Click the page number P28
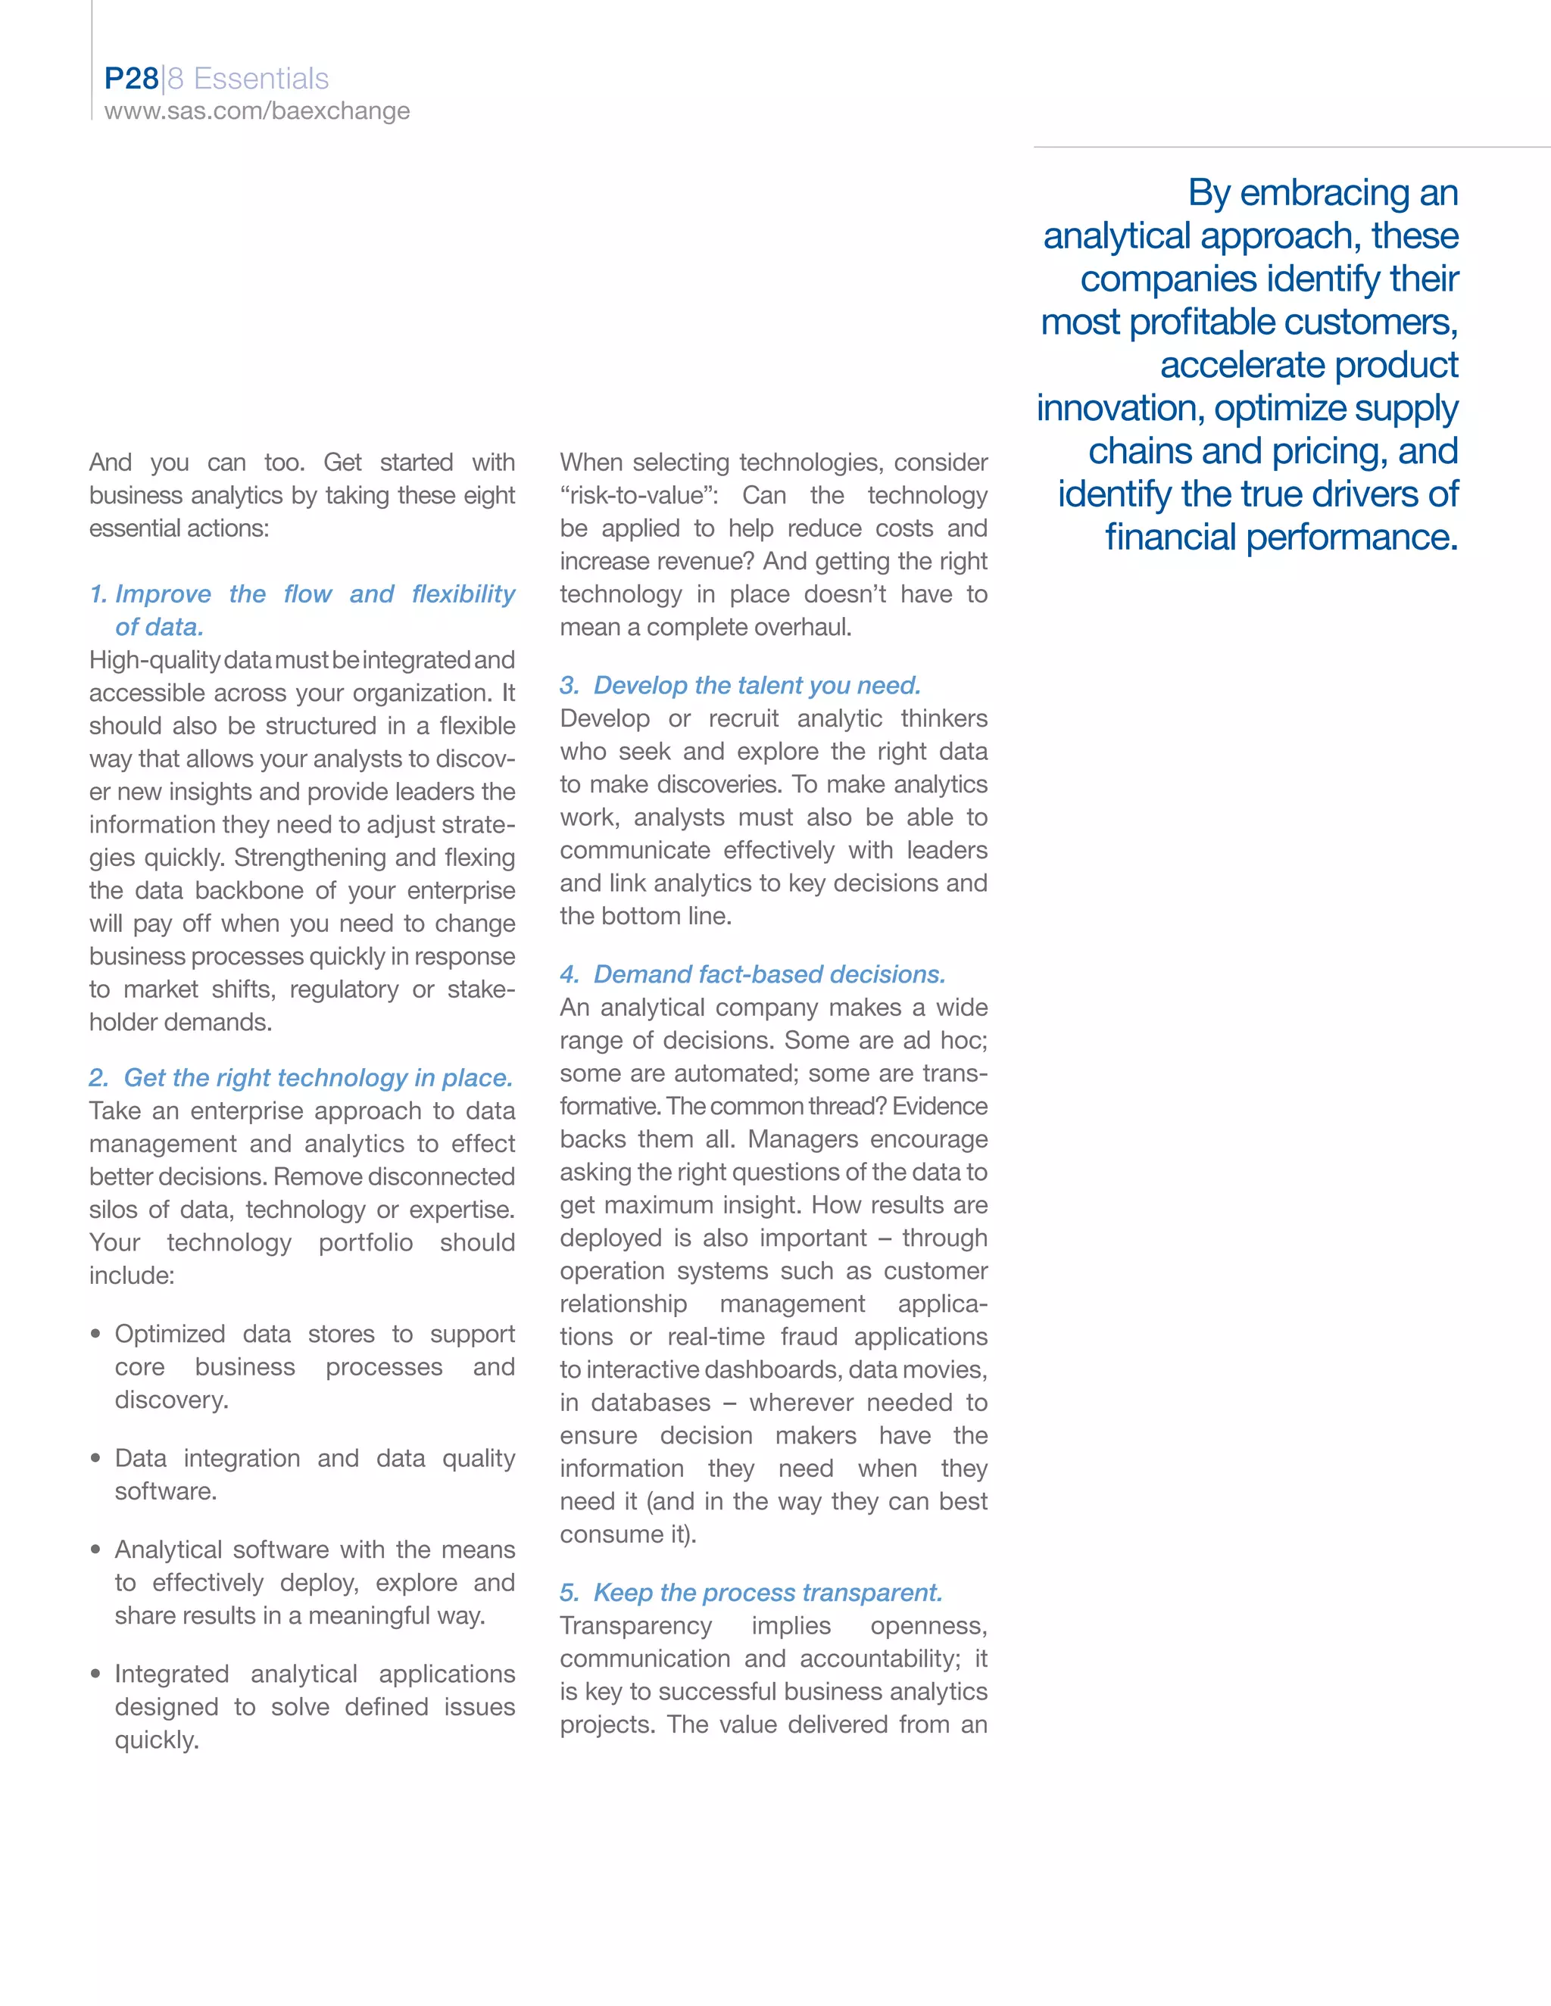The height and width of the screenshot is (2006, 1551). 131,79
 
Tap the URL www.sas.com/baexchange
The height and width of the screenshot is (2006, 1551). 257,111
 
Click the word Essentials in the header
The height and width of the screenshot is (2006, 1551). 261,79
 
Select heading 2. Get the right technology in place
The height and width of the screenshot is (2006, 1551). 301,1077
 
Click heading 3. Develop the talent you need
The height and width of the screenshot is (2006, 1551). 741,685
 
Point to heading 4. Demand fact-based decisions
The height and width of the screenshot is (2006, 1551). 753,973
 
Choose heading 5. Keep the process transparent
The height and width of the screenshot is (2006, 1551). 751,1592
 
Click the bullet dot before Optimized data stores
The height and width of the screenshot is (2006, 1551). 95,1334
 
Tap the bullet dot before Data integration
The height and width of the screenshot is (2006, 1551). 95,1459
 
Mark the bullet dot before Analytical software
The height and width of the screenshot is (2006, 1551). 95,1550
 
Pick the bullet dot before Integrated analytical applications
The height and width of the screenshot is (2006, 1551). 95,1674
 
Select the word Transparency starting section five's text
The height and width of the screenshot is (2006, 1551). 636,1626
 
